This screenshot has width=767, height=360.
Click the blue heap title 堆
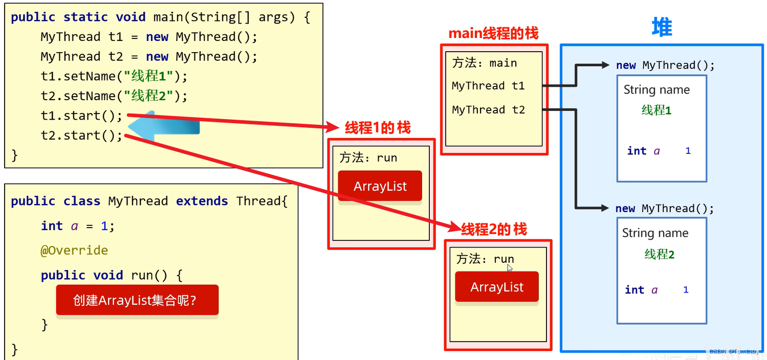coord(662,27)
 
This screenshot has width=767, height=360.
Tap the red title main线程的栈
coord(493,34)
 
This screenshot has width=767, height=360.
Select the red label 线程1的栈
coord(378,128)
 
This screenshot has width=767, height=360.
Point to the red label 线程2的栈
coord(494,229)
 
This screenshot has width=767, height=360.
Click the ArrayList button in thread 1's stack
coord(380,186)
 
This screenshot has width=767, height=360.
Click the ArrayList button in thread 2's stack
coord(497,287)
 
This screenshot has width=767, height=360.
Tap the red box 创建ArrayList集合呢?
coord(137,300)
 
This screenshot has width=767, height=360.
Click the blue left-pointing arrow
coord(164,126)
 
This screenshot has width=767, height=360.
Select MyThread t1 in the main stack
coord(488,85)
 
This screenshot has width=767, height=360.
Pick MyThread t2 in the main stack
coord(488,109)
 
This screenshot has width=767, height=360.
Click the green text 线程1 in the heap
coord(656,110)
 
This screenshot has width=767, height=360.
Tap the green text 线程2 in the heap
coord(660,254)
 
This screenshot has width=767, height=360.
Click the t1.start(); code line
coord(81,116)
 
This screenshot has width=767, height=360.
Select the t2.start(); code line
coord(81,136)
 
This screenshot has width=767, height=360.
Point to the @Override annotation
coord(74,250)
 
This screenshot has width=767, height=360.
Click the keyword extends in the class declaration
coord(202,201)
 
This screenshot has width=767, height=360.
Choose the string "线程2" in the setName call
coord(148,96)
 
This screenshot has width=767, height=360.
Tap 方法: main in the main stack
coord(485,63)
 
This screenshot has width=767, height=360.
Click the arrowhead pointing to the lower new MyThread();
coord(604,208)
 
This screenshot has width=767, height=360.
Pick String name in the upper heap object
coord(656,89)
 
